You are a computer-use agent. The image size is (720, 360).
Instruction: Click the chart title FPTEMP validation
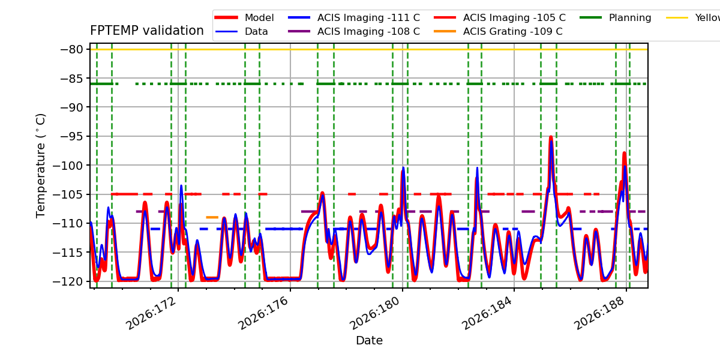tap(147, 31)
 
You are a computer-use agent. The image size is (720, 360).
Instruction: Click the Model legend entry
tap(244, 17)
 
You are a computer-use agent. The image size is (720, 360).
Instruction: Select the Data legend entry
tap(241, 31)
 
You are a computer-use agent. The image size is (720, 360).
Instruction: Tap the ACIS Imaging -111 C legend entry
tap(354, 17)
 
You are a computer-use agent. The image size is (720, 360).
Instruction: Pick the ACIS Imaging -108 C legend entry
tap(354, 31)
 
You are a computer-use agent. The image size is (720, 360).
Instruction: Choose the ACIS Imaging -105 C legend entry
tap(500, 17)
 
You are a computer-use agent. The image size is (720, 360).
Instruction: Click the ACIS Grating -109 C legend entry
tap(498, 31)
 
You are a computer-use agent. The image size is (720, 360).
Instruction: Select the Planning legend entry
tap(616, 17)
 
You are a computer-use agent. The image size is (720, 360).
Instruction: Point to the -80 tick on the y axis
tap(71, 49)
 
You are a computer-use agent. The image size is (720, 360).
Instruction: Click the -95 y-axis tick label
tap(71, 136)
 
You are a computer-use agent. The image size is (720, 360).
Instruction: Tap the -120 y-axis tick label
tap(68, 281)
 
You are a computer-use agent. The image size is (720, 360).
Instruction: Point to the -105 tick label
tap(68, 194)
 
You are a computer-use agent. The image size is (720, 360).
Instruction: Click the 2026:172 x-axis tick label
tap(151, 313)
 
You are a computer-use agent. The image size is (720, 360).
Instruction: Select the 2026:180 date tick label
tap(375, 313)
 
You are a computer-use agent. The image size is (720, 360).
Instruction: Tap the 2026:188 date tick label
tap(599, 313)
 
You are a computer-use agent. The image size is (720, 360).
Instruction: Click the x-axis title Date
tap(369, 340)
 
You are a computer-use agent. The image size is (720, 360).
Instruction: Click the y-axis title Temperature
tap(41, 166)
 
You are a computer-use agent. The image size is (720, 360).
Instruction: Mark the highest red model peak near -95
tap(551, 137)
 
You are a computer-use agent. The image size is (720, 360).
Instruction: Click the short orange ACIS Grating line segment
tap(212, 217)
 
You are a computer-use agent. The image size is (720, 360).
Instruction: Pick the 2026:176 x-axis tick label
tap(263, 313)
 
